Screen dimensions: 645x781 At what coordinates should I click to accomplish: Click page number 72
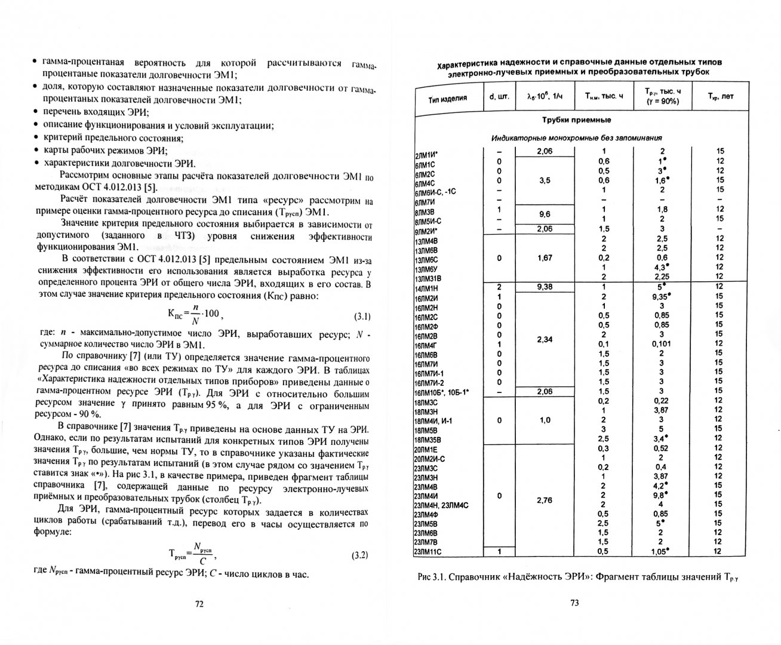200,603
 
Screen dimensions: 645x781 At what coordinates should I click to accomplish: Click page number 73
575,603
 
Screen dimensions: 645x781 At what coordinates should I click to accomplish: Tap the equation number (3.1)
359,317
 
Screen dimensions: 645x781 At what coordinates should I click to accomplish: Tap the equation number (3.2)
359,555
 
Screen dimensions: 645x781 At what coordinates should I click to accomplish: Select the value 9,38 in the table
545,286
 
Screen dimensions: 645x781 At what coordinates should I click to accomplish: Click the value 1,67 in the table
545,258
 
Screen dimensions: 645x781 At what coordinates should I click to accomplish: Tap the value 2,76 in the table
545,500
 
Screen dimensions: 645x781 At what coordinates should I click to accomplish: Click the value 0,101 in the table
661,343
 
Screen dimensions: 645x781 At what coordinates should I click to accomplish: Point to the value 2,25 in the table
661,277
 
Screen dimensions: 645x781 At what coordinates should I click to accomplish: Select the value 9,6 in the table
545,214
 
